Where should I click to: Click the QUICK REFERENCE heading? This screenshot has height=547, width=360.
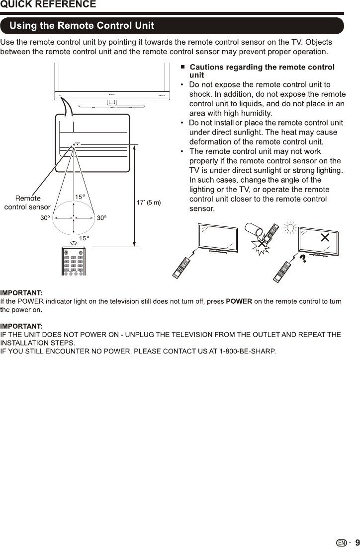click(x=48, y=4)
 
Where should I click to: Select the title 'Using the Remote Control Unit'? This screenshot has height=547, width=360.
click(x=83, y=25)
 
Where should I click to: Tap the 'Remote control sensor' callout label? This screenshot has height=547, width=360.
click(x=27, y=203)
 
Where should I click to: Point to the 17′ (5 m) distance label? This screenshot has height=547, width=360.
click(x=149, y=203)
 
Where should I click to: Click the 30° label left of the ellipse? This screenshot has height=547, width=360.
click(x=45, y=218)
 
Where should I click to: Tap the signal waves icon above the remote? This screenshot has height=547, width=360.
click(x=74, y=243)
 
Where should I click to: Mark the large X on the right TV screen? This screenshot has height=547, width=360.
click(x=325, y=237)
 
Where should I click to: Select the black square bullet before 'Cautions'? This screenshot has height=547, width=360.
click(x=183, y=67)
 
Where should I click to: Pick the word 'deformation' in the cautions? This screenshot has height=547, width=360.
click(x=211, y=141)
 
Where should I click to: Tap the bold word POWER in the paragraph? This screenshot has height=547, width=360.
click(x=239, y=302)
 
